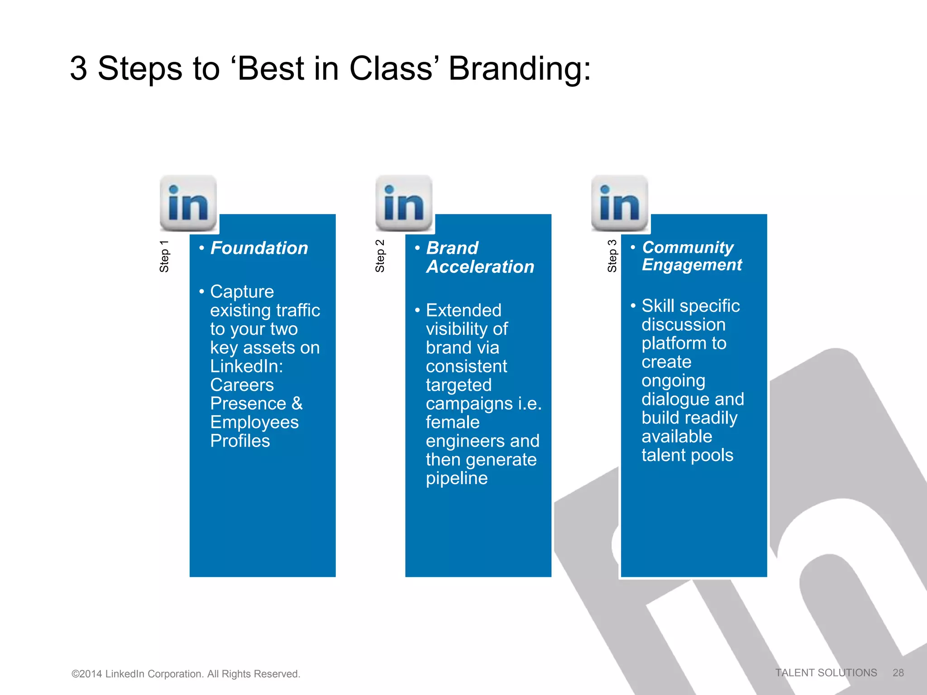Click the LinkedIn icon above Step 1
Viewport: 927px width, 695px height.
click(188, 204)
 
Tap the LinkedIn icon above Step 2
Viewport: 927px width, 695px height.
click(404, 204)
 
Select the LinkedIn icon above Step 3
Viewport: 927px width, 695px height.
click(620, 204)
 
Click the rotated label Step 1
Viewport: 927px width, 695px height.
click(164, 256)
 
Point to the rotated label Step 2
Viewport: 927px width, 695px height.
click(380, 256)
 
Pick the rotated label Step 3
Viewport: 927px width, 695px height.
click(612, 256)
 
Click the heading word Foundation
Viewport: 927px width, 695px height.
click(259, 248)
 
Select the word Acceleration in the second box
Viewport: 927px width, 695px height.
click(480, 267)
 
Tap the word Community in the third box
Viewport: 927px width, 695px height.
click(688, 247)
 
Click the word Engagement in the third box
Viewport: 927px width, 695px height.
click(692, 265)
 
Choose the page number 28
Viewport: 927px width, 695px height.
click(898, 673)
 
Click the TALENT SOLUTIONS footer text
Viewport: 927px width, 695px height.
click(826, 673)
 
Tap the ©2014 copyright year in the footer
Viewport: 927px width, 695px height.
click(86, 674)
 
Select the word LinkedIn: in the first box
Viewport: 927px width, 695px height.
click(247, 366)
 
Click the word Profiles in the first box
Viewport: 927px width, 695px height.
click(240, 441)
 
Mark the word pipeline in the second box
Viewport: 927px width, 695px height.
click(457, 478)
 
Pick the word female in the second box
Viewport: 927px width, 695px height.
click(453, 422)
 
